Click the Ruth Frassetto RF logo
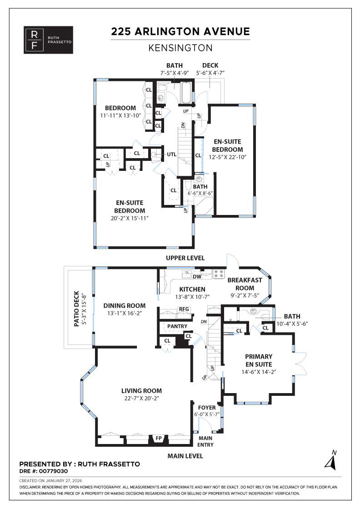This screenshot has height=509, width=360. click(48, 40)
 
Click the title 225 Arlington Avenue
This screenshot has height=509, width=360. click(180, 31)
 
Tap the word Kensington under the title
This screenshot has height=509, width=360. click(180, 47)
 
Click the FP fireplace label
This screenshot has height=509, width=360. click(159, 439)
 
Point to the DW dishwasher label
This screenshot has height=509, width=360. click(197, 276)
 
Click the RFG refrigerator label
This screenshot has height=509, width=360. click(184, 309)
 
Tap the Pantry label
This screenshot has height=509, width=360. click(175, 326)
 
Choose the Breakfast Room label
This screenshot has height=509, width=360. click(245, 284)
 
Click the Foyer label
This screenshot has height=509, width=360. click(207, 408)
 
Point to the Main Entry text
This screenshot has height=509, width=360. click(205, 441)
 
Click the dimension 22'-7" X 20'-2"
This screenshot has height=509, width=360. click(141, 398)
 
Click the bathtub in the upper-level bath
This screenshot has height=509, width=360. click(185, 94)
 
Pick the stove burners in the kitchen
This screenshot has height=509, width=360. click(219, 274)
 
